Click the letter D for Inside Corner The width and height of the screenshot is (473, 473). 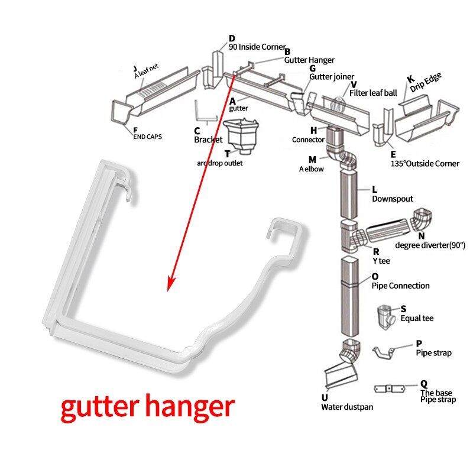point(232,39)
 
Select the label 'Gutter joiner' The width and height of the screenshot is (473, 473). point(332,77)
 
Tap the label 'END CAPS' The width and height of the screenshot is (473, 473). point(147,137)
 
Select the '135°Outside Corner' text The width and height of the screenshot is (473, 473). point(425,163)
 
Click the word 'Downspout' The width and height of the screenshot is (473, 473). point(392,199)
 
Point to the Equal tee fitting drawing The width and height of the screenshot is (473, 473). point(387,319)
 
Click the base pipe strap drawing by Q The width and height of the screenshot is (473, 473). point(391,389)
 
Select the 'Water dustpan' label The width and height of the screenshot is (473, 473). point(346,407)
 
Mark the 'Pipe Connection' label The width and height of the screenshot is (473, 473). point(400,286)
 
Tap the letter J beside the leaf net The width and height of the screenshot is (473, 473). point(135,68)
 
